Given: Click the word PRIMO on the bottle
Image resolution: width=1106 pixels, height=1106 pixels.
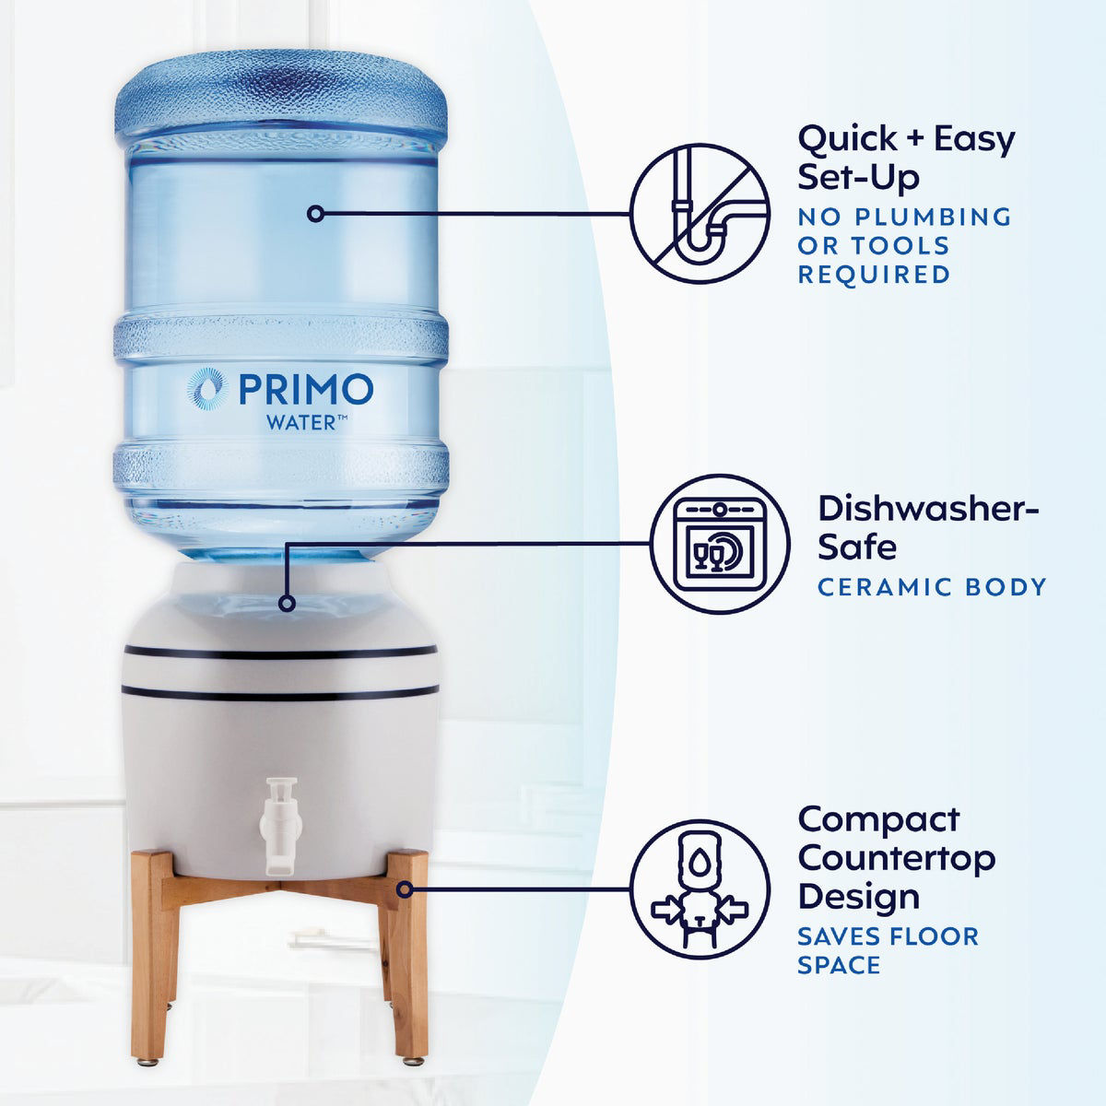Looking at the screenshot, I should pos(306,389).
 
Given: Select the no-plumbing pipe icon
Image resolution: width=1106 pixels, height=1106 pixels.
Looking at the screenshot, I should pos(700,211).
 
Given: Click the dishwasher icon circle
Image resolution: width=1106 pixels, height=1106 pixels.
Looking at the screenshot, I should pos(721,545).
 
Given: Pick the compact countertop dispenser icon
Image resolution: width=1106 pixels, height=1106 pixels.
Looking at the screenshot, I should pos(700,888).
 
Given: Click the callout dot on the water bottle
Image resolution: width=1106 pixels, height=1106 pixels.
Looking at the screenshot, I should pos(316,213).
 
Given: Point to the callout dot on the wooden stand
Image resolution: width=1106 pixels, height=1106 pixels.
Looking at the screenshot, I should pos(405,889).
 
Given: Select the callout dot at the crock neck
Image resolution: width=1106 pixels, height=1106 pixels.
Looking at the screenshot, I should pos(287,604).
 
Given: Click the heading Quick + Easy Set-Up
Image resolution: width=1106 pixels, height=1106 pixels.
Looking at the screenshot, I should pos(905,157).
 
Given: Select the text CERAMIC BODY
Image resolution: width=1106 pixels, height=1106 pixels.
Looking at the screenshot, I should pos(932,586).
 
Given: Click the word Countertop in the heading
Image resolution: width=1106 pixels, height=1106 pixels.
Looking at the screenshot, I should pos(896,858).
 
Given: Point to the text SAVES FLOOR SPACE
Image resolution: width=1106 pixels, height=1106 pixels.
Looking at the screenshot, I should pos(887,950).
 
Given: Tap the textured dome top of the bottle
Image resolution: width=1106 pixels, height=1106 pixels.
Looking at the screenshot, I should pos(280,92).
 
